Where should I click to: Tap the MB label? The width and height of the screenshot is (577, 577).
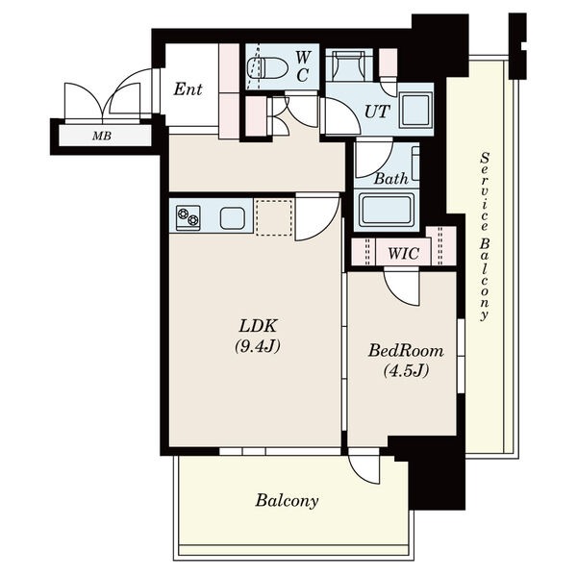point(102,136)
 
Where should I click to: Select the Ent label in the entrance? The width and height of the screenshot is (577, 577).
point(188,89)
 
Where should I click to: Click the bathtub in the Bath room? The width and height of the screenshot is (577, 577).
point(387,210)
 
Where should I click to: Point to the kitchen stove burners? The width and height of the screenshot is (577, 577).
point(188,217)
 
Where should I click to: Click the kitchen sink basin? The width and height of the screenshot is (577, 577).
point(232,218)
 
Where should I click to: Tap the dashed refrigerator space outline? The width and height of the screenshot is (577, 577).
point(274,217)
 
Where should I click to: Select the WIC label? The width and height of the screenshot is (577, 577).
point(403,254)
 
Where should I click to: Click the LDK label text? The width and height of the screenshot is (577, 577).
point(258,326)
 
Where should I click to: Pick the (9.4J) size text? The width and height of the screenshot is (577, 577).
point(258,346)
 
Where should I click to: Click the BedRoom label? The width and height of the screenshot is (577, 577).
point(406,350)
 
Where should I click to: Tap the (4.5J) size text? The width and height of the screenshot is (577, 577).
point(406,370)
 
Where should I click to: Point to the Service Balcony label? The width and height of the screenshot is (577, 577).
point(485,237)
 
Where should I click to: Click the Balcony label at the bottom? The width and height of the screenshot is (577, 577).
point(287,501)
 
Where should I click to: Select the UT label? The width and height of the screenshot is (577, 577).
point(376,112)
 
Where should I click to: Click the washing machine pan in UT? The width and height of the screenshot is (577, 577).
point(416,111)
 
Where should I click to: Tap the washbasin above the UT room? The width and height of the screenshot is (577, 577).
point(349,65)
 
